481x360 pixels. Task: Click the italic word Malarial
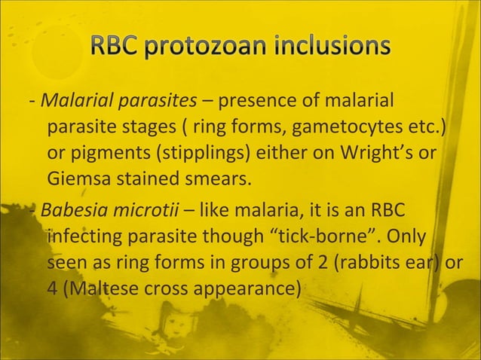pyautogui.click(x=75, y=100)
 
